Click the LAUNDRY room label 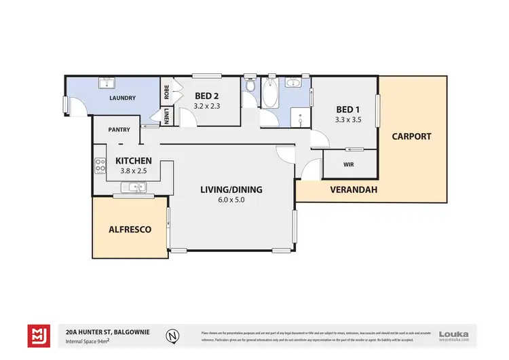click(x=122, y=98)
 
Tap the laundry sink click(x=107, y=84)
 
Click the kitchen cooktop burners click(x=100, y=164)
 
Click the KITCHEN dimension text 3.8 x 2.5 click(x=133, y=170)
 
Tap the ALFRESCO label click(x=130, y=230)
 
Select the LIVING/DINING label click(x=231, y=190)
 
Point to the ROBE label click(x=166, y=92)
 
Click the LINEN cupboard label click(x=166, y=116)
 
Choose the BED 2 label click(x=207, y=96)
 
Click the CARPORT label click(x=411, y=136)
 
